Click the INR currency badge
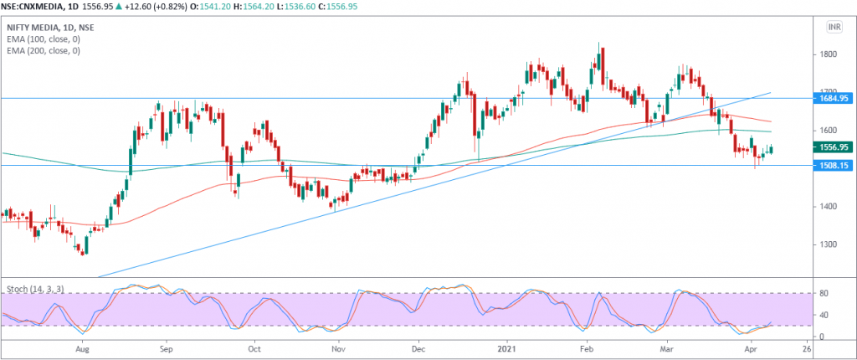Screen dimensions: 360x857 pos(834,28)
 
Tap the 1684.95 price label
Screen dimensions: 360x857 pos(834,99)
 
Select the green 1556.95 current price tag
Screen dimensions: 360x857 pos(834,147)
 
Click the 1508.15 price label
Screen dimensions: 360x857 pos(834,166)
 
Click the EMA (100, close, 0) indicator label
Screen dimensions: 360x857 pos(44,39)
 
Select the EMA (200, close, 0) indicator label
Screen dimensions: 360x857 pos(44,51)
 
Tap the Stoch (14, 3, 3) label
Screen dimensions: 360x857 pos(35,289)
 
